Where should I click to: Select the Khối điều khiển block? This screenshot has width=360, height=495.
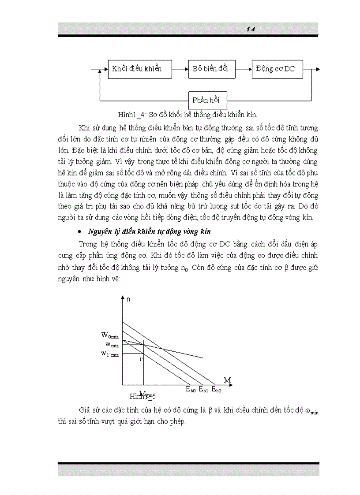coord(137,69)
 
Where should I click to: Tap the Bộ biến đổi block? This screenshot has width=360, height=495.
coord(210,69)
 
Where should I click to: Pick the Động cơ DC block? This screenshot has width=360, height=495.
coord(277,69)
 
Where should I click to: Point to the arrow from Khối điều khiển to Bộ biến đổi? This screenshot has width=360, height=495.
coord(179,69)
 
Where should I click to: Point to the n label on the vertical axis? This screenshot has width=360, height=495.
coord(128,300)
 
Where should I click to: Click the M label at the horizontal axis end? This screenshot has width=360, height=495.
coord(227,380)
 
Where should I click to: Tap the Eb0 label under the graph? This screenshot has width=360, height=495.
coord(190,389)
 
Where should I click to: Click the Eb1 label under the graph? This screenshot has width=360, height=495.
coord(203,389)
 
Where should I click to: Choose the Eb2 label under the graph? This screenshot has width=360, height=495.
coord(216,389)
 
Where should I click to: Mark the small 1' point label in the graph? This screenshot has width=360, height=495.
coord(141,359)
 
